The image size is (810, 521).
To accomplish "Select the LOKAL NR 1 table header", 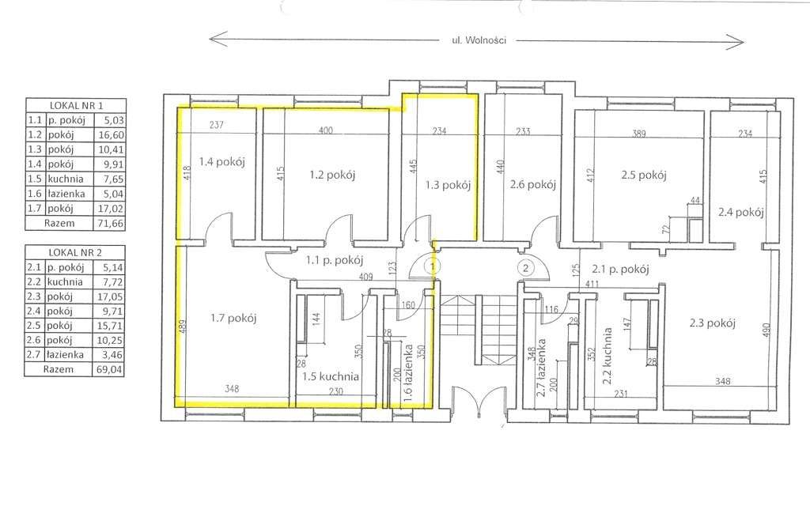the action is coord(76,105).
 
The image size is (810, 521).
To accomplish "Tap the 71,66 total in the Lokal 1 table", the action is coord(109,224).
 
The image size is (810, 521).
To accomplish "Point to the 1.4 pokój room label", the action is coord(221,161).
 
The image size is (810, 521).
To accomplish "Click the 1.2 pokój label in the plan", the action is coord(332,175).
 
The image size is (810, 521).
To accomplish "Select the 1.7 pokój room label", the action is coord(233,318).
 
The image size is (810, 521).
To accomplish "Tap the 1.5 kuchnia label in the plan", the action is coord(331,376).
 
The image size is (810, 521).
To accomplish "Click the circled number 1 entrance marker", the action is coord(432,266).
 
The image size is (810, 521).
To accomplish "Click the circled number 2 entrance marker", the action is coord(525,267).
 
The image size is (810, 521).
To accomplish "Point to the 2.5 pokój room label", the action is coord(644,175).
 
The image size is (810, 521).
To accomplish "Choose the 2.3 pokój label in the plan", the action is coord(712,323).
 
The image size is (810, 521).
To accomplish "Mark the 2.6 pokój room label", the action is coord(532,184).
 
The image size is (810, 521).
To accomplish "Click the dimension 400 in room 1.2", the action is coord(325,130).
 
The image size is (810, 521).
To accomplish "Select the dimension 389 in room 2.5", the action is coord(639,134).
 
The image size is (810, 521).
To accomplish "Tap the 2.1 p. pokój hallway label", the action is coord(620,269).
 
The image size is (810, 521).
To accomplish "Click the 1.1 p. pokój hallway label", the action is coord(335,260).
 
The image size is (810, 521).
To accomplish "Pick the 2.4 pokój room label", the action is coord(740,212).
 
